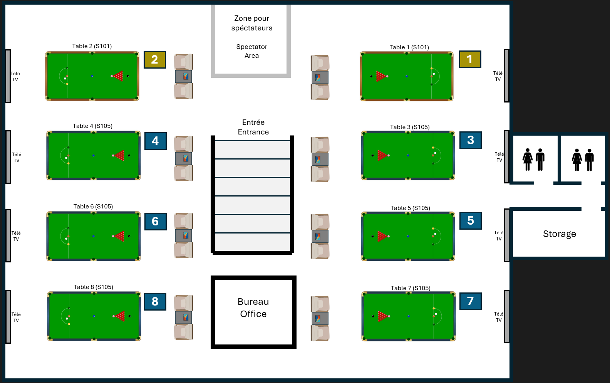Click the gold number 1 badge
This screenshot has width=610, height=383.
point(470,59)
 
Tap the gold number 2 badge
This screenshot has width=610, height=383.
point(154,60)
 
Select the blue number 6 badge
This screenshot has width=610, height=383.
point(155,221)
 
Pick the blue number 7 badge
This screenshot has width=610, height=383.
point(470,301)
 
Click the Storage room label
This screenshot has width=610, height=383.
point(559,234)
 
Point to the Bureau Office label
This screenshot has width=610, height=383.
point(253,308)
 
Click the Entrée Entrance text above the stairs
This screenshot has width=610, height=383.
point(253,127)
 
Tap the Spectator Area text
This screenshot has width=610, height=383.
point(251,51)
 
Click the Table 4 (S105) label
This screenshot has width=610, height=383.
point(93,126)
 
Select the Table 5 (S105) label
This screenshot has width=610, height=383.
point(410,208)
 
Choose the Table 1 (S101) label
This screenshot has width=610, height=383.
point(409,47)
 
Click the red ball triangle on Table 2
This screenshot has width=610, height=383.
point(119,76)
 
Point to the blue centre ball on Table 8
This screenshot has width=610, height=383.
point(94,316)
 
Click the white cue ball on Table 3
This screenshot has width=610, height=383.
point(436,153)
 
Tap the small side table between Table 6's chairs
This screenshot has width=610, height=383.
point(184,235)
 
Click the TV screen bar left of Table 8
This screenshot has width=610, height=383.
point(8,316)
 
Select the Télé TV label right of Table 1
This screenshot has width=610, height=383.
point(498,76)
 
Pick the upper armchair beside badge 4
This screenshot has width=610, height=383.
point(184,144)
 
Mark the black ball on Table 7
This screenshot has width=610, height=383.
point(373,316)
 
